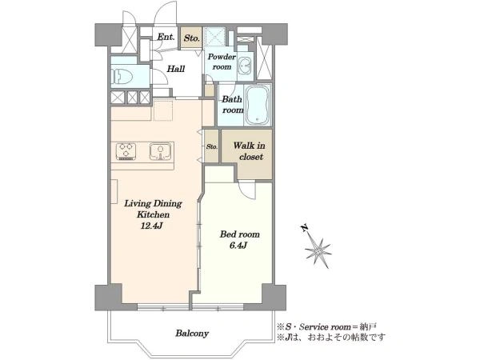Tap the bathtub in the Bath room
(x=258, y=104)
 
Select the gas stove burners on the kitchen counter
(x=126, y=151)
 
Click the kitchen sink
(x=161, y=151)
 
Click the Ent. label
(x=166, y=38)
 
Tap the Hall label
(x=176, y=69)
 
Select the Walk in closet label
(x=249, y=151)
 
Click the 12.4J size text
(x=151, y=226)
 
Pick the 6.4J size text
(x=238, y=246)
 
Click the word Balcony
(x=192, y=333)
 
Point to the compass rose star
(x=318, y=251)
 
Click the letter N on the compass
(x=304, y=228)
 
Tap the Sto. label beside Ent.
(x=192, y=38)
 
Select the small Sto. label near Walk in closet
(x=212, y=146)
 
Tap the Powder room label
(x=222, y=62)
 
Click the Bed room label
(x=240, y=234)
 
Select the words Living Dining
(x=153, y=203)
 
